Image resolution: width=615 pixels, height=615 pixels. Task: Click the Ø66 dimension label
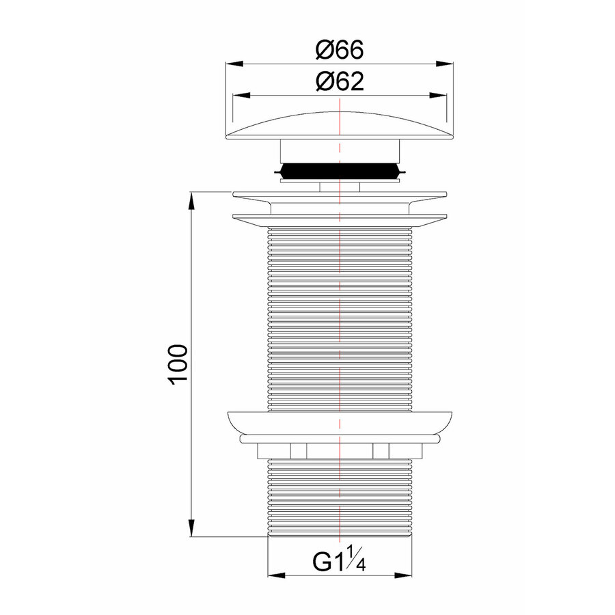click(x=340, y=49)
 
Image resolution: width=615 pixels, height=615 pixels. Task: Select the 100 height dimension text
click(x=178, y=365)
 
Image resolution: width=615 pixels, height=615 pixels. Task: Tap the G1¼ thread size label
click(x=339, y=561)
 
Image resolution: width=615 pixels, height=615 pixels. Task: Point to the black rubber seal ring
click(x=340, y=172)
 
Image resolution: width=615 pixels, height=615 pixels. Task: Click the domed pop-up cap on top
click(x=340, y=126)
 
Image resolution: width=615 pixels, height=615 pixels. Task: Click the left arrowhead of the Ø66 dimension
click(x=234, y=64)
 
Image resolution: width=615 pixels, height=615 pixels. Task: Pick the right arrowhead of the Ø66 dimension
click(x=445, y=64)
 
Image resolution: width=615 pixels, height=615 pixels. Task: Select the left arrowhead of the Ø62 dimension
click(x=242, y=95)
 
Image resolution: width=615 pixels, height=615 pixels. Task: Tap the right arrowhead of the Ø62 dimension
click(x=438, y=95)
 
